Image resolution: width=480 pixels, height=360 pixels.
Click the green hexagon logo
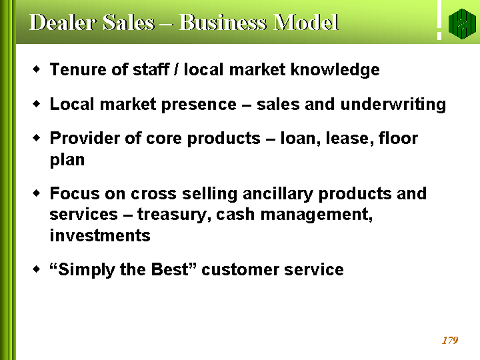coord(462,23)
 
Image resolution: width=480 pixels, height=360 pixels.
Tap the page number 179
coord(450,340)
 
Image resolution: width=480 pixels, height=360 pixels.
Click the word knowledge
coord(335,70)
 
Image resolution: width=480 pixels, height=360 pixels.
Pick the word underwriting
coord(393,105)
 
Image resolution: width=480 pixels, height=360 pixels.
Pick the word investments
coord(100,235)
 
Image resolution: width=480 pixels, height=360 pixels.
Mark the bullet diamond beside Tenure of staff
coord(37,69)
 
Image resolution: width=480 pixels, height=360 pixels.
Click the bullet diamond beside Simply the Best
coord(37,269)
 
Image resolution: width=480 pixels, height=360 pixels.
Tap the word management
coord(317,215)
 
